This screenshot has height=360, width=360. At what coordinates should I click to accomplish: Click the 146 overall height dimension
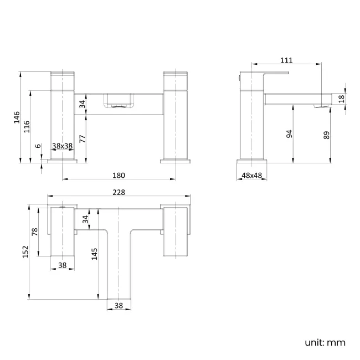click(x=17, y=117)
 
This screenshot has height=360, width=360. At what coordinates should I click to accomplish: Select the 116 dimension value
click(x=27, y=126)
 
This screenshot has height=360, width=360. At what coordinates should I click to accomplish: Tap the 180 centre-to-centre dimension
click(x=119, y=175)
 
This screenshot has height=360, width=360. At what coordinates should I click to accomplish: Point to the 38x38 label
click(x=63, y=146)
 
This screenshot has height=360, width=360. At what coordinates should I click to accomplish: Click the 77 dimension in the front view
click(x=83, y=138)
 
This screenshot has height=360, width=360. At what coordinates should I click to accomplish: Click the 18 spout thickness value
click(x=341, y=98)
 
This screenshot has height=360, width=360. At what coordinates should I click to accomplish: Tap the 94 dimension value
click(x=290, y=133)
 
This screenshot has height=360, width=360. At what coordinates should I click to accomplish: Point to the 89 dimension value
click(x=327, y=135)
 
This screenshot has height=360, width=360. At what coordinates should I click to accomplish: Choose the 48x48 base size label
click(x=252, y=175)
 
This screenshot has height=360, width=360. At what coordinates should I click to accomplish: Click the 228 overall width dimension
click(x=119, y=192)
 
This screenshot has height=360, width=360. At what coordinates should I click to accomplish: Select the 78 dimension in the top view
click(x=35, y=232)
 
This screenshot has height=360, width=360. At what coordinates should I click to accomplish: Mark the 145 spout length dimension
click(x=95, y=254)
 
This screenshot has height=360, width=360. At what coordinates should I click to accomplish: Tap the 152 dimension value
click(x=25, y=252)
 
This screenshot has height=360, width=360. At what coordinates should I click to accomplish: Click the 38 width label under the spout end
click(x=119, y=305)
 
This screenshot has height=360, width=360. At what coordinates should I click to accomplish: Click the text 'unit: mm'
click(x=325, y=342)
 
